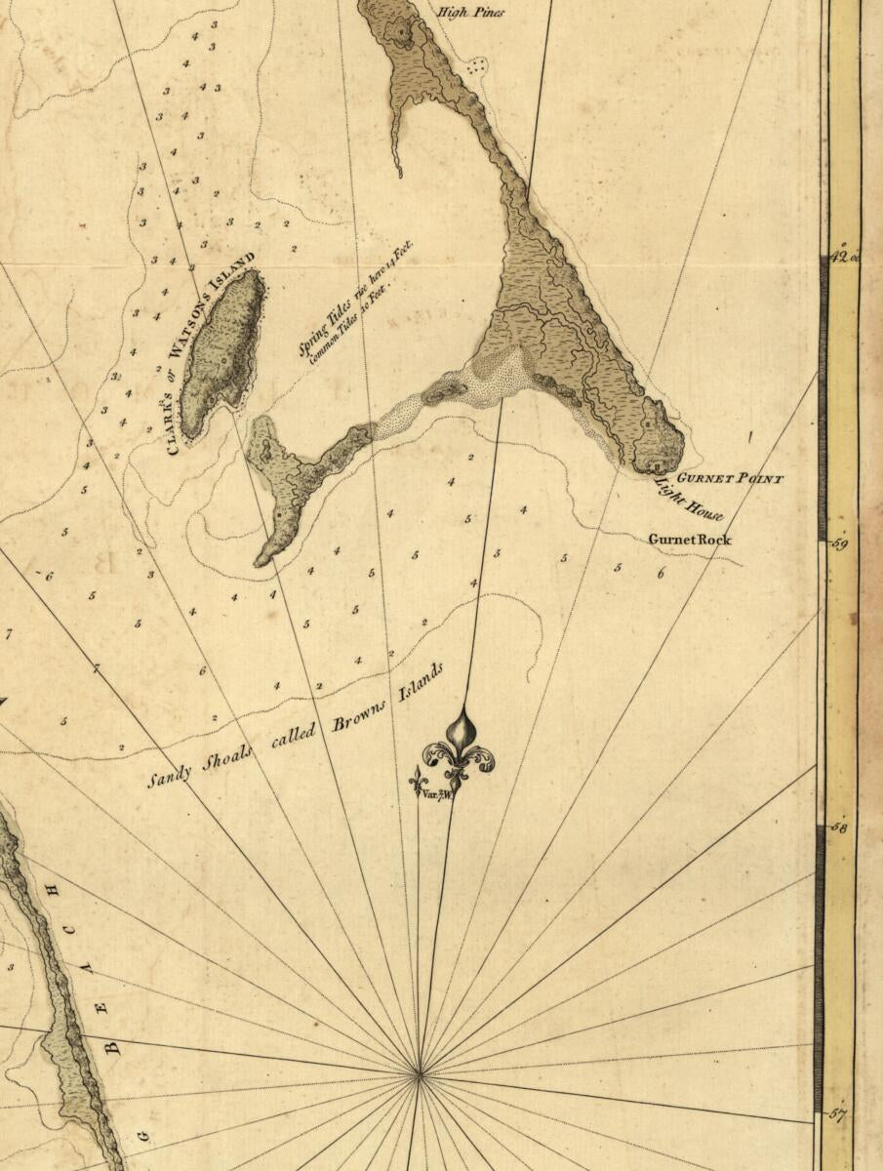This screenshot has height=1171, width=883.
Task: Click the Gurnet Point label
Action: point(730,479)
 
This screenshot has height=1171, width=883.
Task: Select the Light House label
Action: point(690,498)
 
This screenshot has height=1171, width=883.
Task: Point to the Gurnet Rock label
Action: point(690,540)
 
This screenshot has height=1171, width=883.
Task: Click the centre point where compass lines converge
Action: point(421,1074)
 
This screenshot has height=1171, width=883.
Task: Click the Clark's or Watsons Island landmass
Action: point(224,351)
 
